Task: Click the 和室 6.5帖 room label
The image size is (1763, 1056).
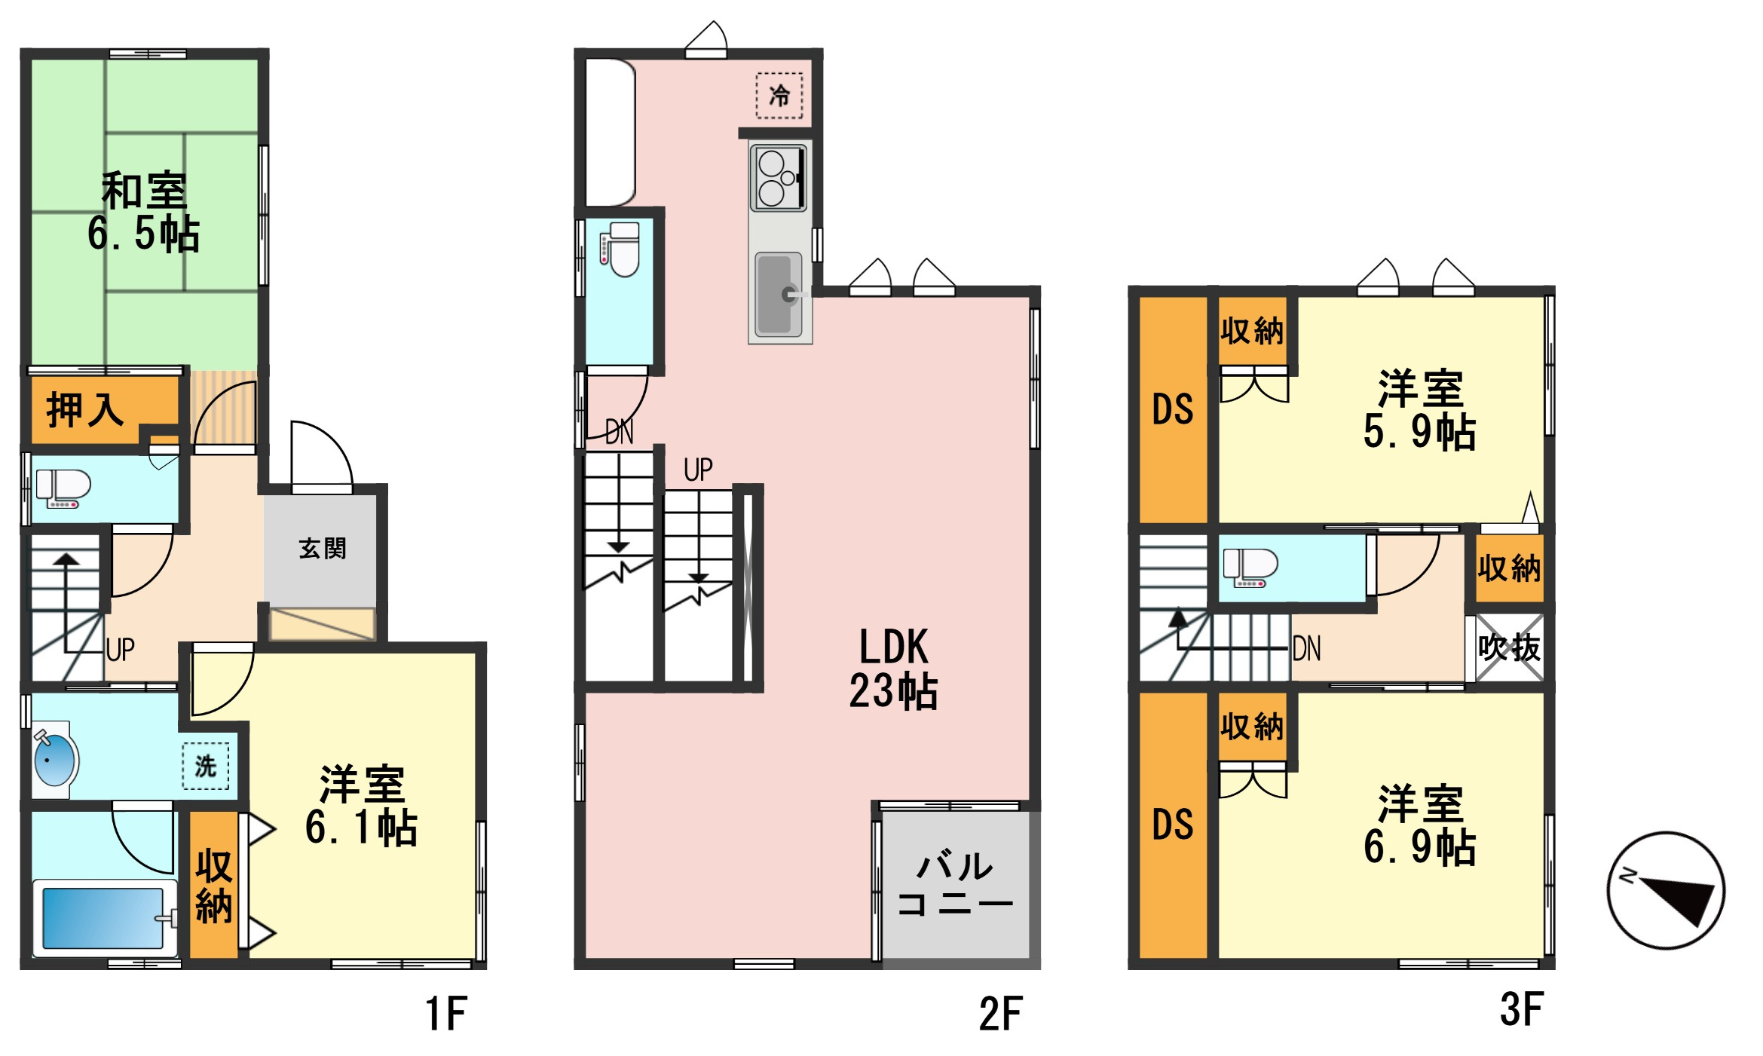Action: (143, 213)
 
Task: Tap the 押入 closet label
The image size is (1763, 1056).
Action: (85, 410)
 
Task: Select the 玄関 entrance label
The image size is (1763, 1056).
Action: (323, 548)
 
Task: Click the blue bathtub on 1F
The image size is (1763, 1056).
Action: (103, 918)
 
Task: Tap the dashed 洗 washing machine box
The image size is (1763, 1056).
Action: (206, 767)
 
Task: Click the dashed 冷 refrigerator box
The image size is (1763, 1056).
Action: (779, 96)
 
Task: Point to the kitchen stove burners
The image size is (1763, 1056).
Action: (779, 179)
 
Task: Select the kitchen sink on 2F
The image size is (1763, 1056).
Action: (779, 293)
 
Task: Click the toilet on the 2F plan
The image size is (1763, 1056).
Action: (620, 249)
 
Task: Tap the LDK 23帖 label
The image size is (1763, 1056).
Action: (894, 668)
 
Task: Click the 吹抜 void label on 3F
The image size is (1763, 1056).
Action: (1509, 647)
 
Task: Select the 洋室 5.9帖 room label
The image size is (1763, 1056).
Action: (1420, 410)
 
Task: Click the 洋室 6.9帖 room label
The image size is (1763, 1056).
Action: (1420, 825)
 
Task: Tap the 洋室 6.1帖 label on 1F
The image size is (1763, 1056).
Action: (362, 805)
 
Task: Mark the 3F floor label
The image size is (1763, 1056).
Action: (1522, 1010)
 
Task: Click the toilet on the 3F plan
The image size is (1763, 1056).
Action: (1250, 568)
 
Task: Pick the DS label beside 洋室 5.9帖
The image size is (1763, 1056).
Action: (1173, 409)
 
